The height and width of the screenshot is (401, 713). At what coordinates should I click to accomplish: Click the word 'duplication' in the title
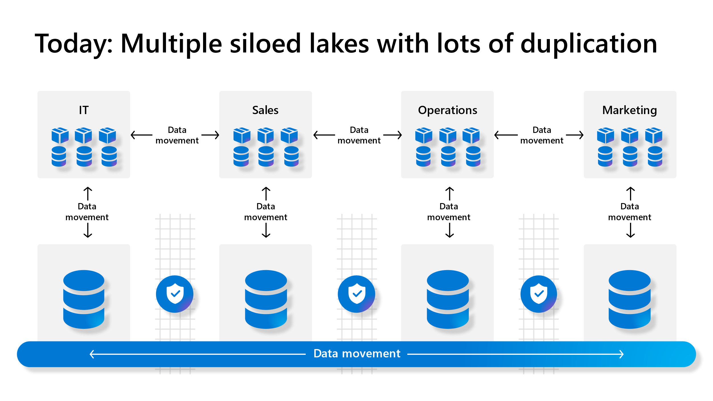[x=589, y=44]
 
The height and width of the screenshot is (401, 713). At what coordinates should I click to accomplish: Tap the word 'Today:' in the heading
[x=74, y=44]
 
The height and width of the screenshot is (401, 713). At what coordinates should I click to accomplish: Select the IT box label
[x=84, y=110]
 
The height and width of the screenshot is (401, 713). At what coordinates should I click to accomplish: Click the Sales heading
[x=265, y=110]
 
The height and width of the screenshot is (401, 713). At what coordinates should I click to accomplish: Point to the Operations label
[x=447, y=110]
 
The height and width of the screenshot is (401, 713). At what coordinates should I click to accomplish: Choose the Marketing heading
[x=630, y=110]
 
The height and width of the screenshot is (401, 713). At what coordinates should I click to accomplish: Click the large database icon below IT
[x=84, y=299]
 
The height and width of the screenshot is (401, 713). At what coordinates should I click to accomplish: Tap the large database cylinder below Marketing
[x=630, y=299]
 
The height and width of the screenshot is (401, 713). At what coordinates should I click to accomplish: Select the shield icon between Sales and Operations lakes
[x=356, y=294]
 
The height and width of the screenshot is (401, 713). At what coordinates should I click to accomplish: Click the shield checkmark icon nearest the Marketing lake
[x=539, y=294]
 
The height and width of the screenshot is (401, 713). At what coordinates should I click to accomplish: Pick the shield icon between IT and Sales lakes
[x=175, y=294]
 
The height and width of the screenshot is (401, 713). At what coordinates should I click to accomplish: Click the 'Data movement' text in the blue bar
[x=357, y=354]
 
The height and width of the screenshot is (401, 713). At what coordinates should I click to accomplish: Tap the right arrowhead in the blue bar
[x=621, y=354]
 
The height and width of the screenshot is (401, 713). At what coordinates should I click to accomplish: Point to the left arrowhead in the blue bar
[x=92, y=354]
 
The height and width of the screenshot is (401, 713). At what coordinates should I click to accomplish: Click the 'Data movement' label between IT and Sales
[x=177, y=135]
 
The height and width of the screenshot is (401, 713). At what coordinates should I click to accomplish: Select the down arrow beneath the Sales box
[x=266, y=230]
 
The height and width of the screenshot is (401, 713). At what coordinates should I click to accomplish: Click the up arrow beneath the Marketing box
[x=631, y=194]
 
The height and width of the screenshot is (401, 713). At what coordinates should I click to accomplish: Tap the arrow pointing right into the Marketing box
[x=575, y=135]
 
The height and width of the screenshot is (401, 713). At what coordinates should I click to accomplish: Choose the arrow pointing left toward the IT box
[x=141, y=135]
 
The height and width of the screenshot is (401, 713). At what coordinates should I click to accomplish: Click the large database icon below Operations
[x=448, y=299]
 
